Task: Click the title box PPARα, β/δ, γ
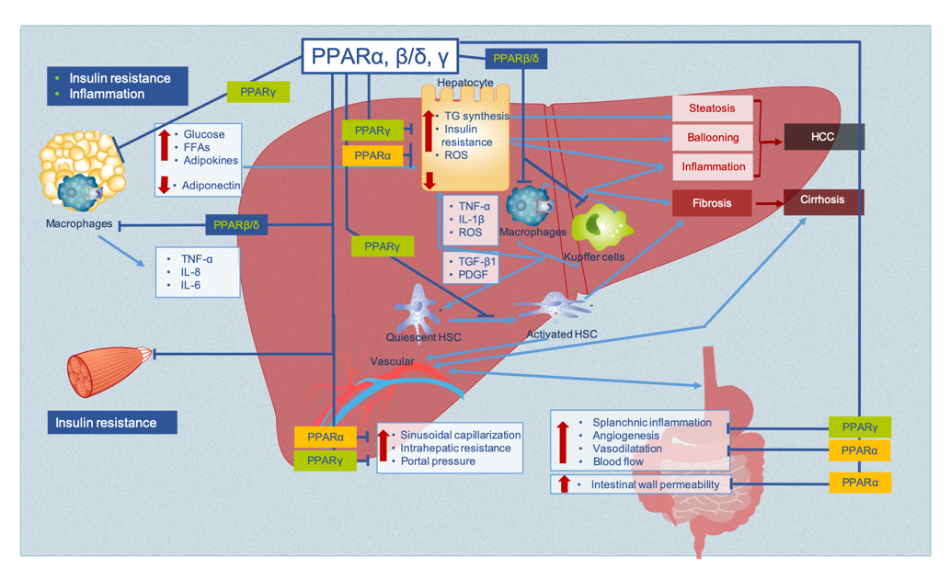(380, 57)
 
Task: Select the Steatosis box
(712, 108)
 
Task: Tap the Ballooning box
(712, 138)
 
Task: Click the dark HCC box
(823, 137)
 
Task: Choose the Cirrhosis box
(823, 200)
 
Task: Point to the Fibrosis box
(712, 203)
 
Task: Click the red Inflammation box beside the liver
(713, 166)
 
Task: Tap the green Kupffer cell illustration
(597, 226)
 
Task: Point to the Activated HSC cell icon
(555, 307)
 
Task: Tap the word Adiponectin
(211, 186)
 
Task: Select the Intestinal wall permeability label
(652, 484)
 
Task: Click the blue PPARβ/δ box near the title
(517, 59)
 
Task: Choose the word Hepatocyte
(465, 83)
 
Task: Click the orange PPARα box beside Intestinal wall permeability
(860, 483)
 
